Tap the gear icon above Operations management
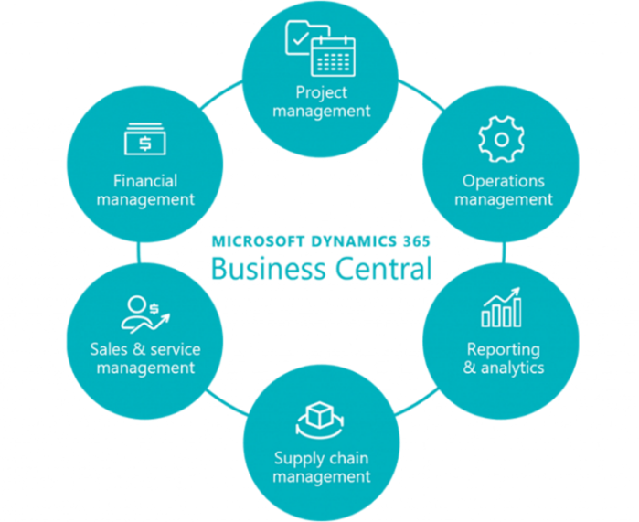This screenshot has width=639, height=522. click(x=501, y=139)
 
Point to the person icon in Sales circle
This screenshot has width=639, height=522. click(x=137, y=307)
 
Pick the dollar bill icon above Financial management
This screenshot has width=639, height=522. click(x=144, y=141)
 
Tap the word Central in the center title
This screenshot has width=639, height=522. click(x=381, y=270)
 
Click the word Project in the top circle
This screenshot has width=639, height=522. click(x=321, y=92)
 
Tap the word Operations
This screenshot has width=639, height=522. click(x=503, y=181)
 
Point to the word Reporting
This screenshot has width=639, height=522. click(x=503, y=349)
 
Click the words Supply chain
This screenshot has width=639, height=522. click(x=321, y=458)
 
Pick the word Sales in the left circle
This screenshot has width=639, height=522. click(x=108, y=349)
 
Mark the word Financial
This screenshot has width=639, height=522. click(x=145, y=181)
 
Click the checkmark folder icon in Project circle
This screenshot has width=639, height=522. click(x=301, y=37)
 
